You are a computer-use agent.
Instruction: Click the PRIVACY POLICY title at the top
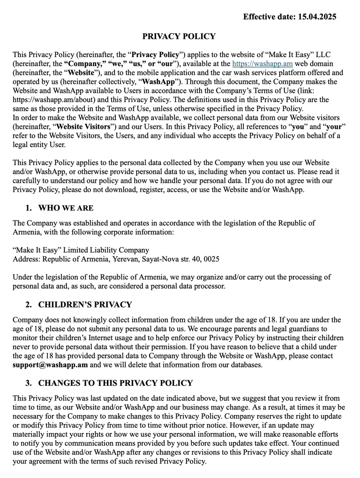tap(179, 37)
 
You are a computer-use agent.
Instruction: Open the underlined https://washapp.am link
tap(262, 63)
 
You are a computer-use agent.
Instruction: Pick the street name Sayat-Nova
tap(167, 259)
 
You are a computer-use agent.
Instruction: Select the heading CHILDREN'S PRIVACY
tap(85, 305)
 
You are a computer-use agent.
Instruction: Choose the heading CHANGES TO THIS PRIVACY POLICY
tap(115, 383)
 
